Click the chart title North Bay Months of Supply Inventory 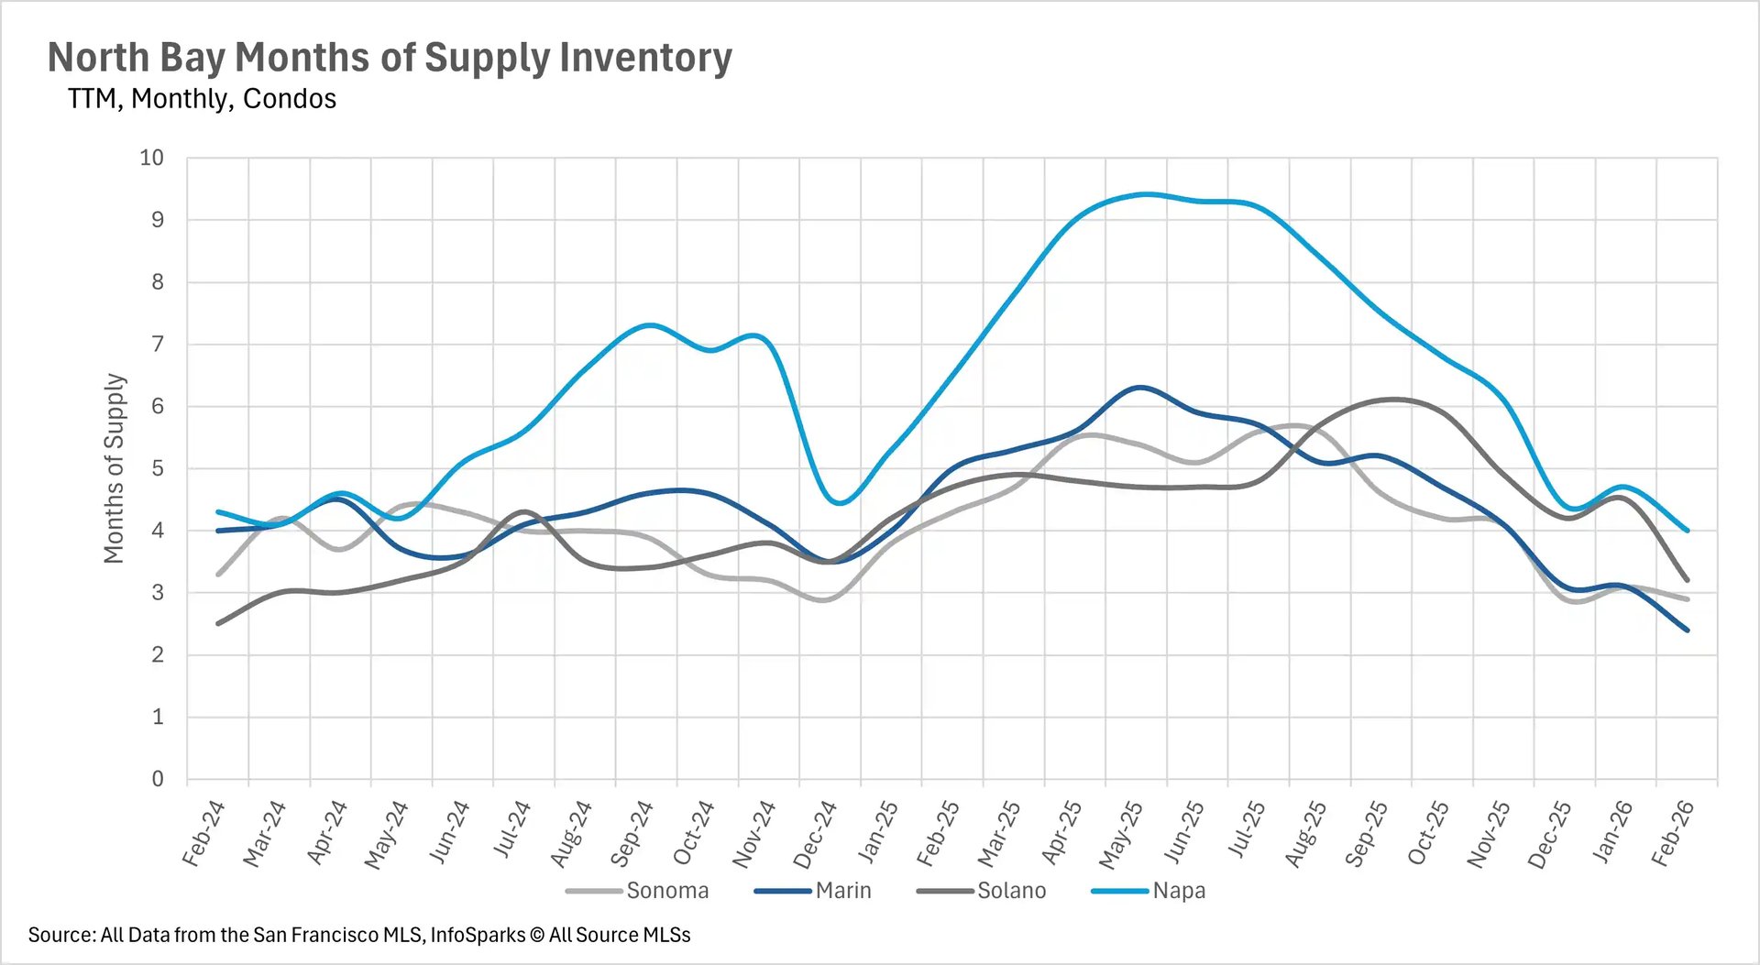coord(390,57)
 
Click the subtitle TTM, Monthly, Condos coord(202,99)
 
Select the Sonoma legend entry coord(666,891)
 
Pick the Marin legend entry coord(842,891)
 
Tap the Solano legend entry coord(1011,891)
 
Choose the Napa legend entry coord(1178,891)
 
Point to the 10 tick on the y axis coord(151,158)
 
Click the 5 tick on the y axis coord(158,468)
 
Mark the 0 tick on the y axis coord(158,779)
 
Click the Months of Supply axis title coord(114,468)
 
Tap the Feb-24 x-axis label coord(203,833)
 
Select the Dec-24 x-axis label coord(815,834)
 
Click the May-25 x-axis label coord(1121,834)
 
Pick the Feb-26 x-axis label coord(1672,833)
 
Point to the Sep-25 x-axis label coord(1366,833)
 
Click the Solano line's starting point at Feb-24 coord(218,623)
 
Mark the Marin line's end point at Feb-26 coord(1687,630)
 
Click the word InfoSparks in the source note coord(477,935)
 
